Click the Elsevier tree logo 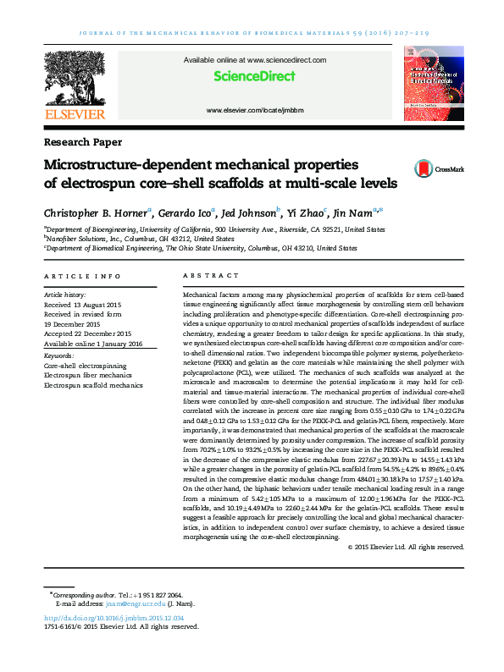(x=75, y=78)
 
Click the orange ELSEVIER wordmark (x=75, y=113)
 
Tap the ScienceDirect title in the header (x=254, y=76)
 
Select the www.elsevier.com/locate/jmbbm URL (x=254, y=111)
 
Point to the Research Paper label (x=82, y=142)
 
